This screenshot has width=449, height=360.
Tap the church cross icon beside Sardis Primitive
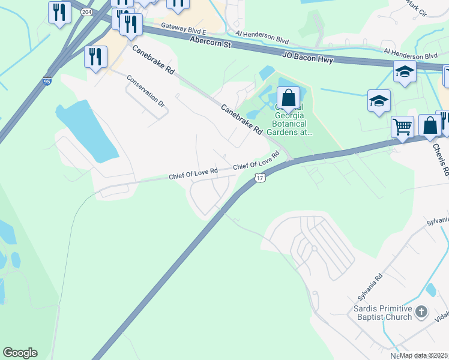(421, 311)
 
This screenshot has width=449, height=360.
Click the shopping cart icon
(402, 127)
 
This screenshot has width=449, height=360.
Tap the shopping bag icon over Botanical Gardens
(288, 97)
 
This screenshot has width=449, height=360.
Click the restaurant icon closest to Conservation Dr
(96, 57)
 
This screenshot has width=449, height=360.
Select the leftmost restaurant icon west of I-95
(59, 11)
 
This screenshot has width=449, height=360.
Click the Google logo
(20, 353)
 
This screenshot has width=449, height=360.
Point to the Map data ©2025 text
(423, 355)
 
